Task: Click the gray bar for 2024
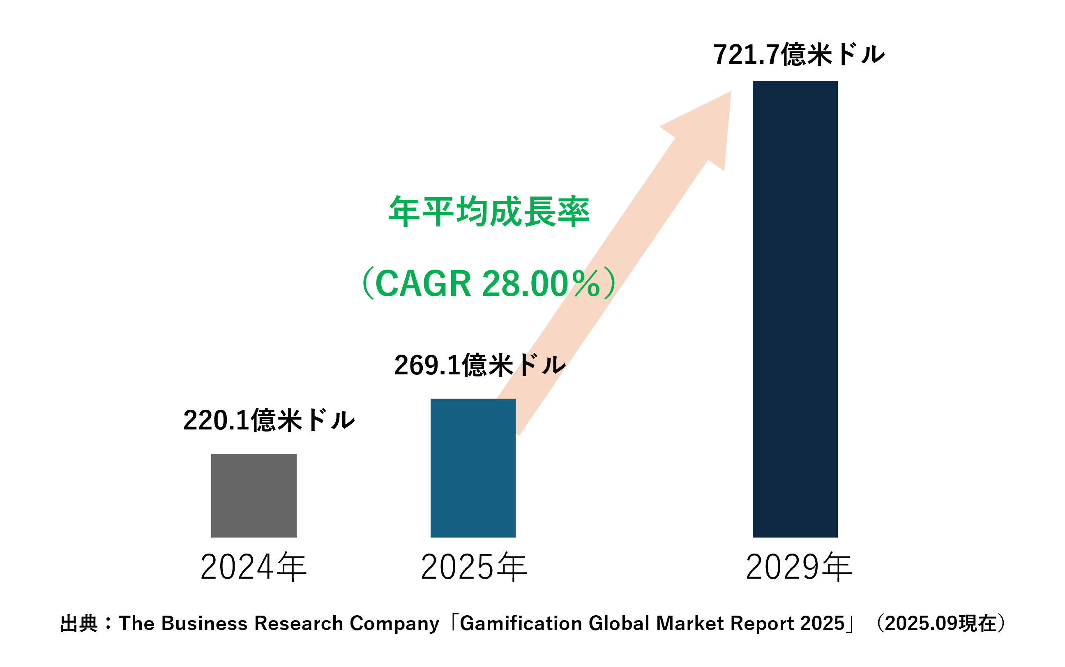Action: (254, 495)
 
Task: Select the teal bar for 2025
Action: (473, 468)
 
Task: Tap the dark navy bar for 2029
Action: (795, 309)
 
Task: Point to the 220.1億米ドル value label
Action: (269, 420)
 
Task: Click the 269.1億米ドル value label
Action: (479, 365)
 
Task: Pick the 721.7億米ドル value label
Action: (799, 55)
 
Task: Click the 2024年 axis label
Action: (253, 567)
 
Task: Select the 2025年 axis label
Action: (474, 567)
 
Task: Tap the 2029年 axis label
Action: (799, 567)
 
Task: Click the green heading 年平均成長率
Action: (489, 212)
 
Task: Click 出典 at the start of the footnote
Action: (78, 624)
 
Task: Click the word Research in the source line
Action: (299, 623)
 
